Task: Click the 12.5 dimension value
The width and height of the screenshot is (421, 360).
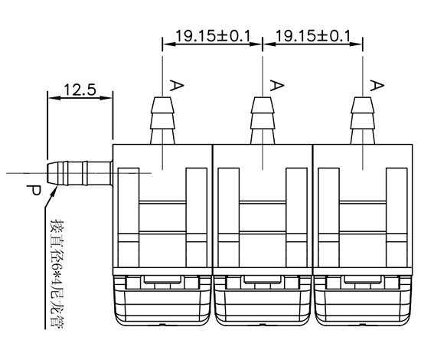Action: [80, 90]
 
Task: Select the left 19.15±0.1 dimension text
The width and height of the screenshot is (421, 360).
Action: [213, 36]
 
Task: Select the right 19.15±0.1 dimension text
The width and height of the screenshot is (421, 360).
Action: [313, 36]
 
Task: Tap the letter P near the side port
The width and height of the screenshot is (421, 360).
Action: [34, 191]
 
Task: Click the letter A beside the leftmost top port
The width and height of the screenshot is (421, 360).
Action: [177, 85]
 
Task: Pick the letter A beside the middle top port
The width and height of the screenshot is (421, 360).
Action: [277, 85]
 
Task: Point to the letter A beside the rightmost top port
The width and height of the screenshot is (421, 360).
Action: [377, 85]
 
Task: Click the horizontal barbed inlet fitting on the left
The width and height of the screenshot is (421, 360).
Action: [80, 173]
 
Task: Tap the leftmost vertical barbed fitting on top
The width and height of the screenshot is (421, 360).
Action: [162, 120]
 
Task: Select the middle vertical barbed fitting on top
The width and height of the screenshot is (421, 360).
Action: [263, 120]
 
